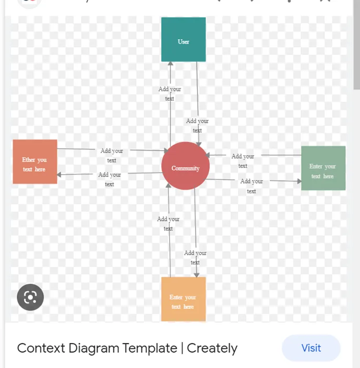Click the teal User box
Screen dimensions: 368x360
[x=184, y=40]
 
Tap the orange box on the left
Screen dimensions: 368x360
[x=35, y=162]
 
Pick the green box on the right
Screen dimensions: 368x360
[x=323, y=168]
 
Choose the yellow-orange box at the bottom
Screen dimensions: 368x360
[x=184, y=299]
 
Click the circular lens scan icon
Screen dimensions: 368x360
[x=30, y=297]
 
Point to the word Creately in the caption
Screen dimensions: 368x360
[x=212, y=348]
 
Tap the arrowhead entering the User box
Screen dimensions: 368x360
[x=170, y=65]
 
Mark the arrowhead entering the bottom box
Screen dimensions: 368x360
[x=196, y=274]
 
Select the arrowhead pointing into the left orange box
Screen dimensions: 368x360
[x=59, y=175]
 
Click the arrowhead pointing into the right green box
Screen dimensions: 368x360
[x=298, y=181]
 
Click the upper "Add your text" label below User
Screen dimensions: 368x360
[x=170, y=94]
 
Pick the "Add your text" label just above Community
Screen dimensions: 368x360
[x=197, y=126]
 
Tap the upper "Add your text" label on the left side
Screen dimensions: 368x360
[x=112, y=155]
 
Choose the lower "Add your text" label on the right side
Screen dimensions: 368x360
[x=251, y=186]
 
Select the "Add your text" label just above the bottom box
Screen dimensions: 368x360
[x=195, y=258]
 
